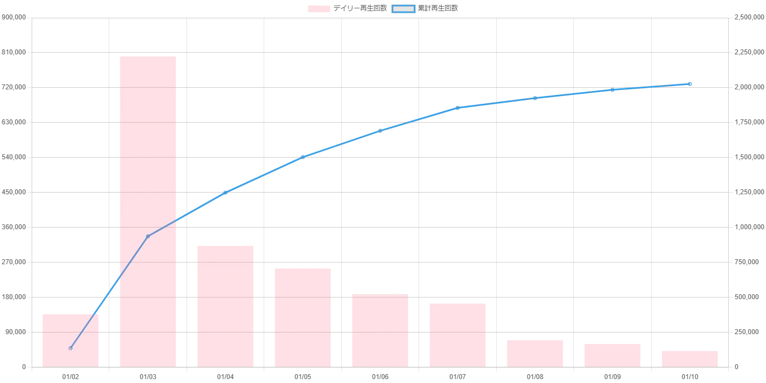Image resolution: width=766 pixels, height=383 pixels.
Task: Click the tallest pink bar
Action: tap(148, 211)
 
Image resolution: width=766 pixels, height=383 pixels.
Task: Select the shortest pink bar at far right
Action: tap(690, 359)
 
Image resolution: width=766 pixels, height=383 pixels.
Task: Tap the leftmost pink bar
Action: tap(70, 340)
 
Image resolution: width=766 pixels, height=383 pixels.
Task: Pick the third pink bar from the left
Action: tap(226, 306)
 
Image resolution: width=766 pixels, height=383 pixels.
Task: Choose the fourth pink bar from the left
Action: tap(303, 317)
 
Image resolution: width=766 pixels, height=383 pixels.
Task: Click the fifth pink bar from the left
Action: tap(380, 330)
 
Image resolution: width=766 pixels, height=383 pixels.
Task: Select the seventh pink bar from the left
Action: tap(535, 352)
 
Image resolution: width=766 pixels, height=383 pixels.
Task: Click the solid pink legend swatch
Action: tap(319, 9)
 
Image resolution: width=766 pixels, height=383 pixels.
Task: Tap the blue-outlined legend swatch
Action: tap(403, 9)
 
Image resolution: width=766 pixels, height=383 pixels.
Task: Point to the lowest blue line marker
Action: tap(70, 349)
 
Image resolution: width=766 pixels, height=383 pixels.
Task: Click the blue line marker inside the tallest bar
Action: tap(148, 236)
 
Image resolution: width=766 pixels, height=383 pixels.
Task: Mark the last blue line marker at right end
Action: tap(690, 84)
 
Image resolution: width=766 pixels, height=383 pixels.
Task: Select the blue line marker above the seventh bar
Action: tap(535, 98)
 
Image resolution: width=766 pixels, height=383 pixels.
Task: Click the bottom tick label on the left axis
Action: tap(24, 369)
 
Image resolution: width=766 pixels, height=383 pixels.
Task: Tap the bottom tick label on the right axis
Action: tap(737, 369)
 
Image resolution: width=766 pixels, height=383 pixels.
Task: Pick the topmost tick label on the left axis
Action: tap(13, 18)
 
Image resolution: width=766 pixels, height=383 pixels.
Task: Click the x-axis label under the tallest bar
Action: tap(148, 377)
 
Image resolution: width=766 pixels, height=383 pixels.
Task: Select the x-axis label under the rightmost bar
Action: tap(690, 377)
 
